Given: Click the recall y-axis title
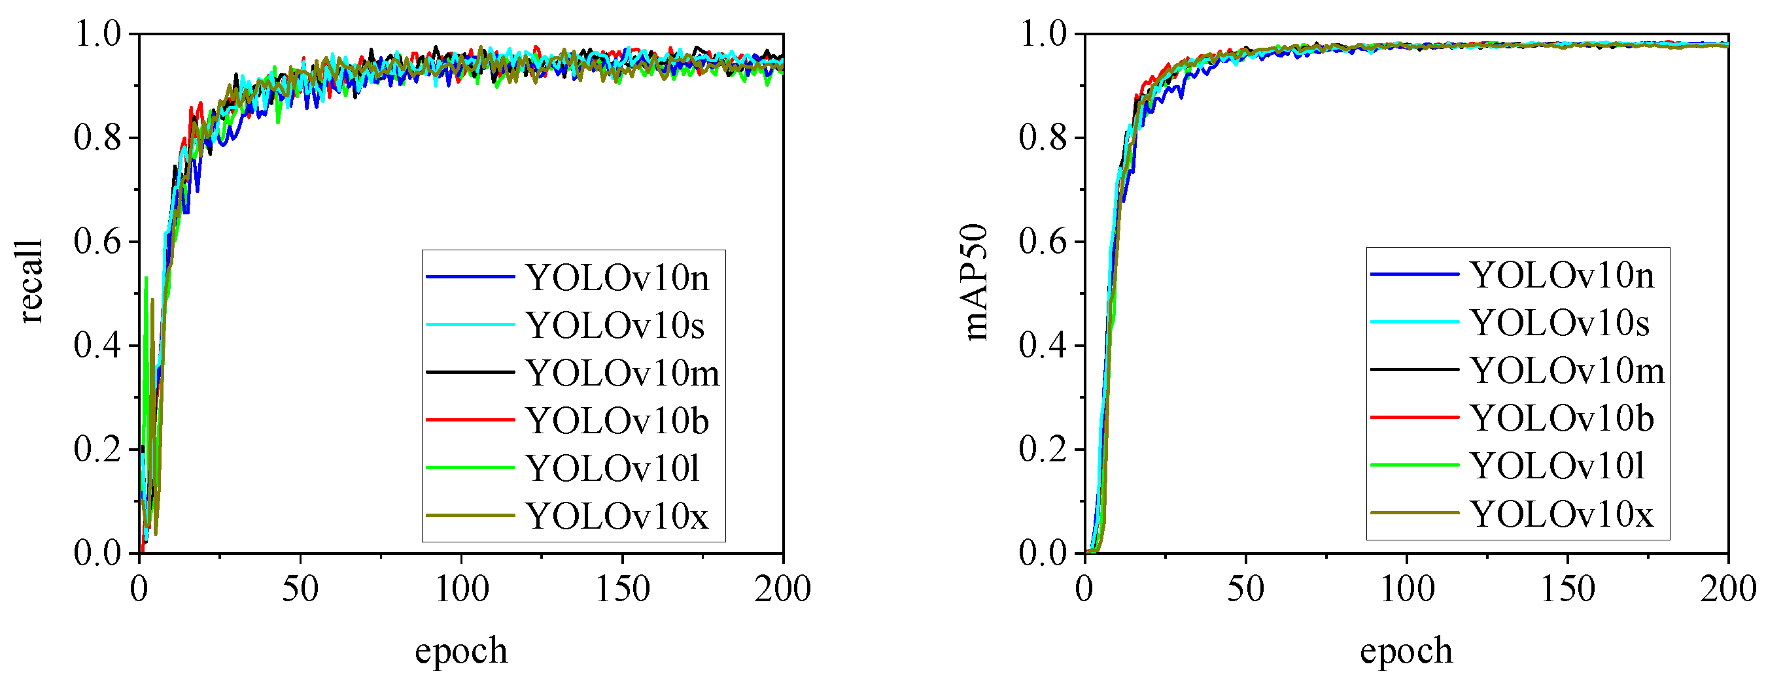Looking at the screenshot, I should coord(30,282).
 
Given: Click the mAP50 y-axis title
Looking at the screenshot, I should coord(975,282).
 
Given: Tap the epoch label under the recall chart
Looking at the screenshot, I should coord(460,650).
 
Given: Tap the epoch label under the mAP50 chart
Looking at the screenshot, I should coord(1406,650).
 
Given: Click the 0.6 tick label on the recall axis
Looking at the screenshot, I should coord(97,242).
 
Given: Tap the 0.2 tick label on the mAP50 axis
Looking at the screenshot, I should coord(1043,450).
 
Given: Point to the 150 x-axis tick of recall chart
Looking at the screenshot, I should coord(622,589).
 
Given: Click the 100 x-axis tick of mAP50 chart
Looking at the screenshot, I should coord(1407,589).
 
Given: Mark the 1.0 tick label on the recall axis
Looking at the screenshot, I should coord(97,33).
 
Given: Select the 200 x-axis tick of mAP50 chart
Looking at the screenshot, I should coord(1727,589).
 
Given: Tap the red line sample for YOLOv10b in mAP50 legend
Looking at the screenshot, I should coord(1414,418).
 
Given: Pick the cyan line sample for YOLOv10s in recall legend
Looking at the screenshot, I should coord(470,325).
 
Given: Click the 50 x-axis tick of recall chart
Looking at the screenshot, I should coord(300,589).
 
